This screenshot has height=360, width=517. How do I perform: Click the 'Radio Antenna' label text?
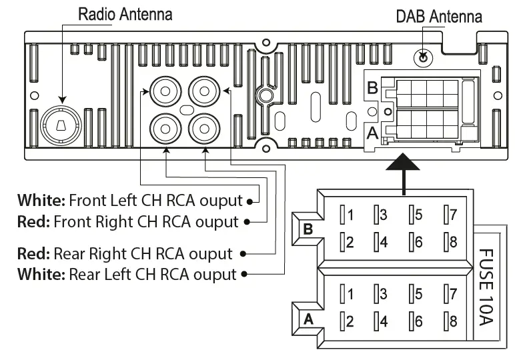pos(125,14)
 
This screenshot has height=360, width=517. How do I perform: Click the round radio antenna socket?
pos(61,124)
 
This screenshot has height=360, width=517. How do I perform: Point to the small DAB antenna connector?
pos(422,58)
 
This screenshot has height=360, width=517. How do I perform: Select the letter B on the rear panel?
pos(372,87)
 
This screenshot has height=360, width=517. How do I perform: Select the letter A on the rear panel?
pos(373,133)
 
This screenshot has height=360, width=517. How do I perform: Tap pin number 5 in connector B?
pos(416,215)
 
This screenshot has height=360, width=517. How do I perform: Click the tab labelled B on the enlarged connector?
pos(308,229)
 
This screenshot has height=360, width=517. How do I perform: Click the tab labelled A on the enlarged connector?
pos(308,319)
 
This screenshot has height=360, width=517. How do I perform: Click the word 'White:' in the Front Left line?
pos(41,200)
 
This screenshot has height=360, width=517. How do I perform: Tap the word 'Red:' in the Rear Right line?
pos(34,254)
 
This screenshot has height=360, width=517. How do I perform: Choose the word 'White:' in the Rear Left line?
pos(41,274)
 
